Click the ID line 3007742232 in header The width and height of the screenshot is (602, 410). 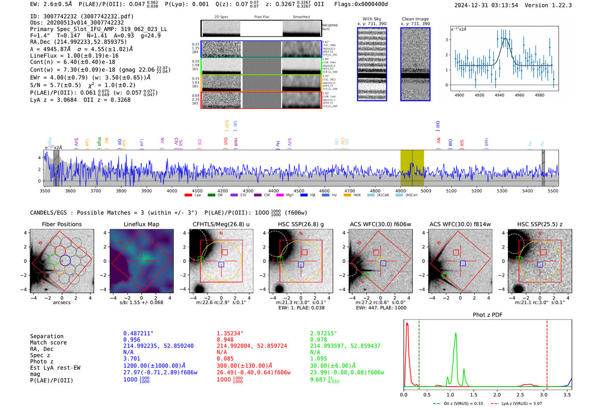tap(82, 16)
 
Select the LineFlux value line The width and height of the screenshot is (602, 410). tap(74, 55)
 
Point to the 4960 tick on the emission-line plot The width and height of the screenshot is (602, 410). tap(519, 95)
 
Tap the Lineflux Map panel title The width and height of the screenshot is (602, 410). tap(141, 224)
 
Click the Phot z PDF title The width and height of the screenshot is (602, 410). tap(488, 314)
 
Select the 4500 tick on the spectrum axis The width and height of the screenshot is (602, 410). tap(299, 191)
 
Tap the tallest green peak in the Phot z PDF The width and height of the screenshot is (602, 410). tap(455, 334)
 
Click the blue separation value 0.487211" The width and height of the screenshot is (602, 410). tap(138, 333)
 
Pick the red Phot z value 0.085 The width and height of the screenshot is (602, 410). tap(225, 358)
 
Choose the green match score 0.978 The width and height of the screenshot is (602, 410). tap(318, 339)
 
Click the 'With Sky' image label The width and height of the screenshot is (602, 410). tap(372, 19)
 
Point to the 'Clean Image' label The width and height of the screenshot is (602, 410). tap(415, 19)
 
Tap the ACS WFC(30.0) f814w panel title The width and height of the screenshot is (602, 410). tap(460, 224)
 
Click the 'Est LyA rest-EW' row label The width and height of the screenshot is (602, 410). tap(55, 368)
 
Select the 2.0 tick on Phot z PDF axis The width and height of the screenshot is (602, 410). tap(497, 395)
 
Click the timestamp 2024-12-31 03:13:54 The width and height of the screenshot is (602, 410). tap(486, 5)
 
